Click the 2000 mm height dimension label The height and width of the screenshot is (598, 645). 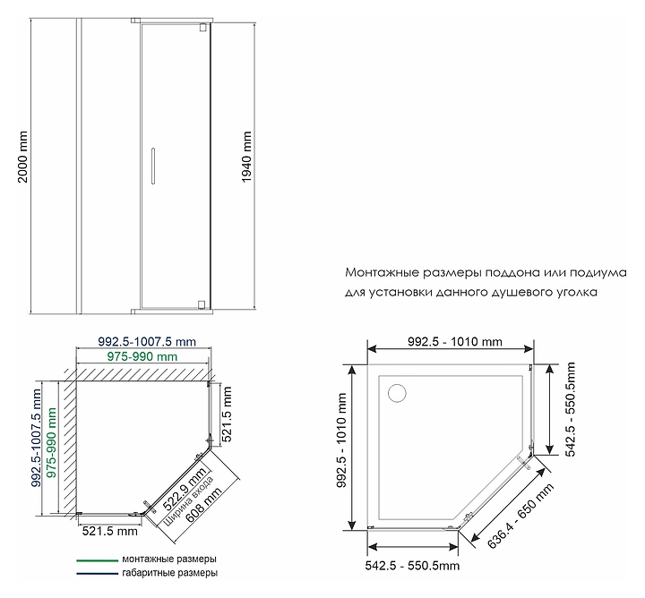pos(22,157)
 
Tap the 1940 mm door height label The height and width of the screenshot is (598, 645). pos(246,157)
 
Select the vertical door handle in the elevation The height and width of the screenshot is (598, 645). pos(153,166)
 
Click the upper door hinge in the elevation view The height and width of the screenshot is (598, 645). pos(202,28)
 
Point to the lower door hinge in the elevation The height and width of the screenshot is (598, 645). pos(202,304)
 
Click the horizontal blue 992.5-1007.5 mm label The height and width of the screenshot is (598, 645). pos(147,342)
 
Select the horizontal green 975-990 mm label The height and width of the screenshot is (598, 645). pos(142,357)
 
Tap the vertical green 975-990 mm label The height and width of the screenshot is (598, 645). pos(51,442)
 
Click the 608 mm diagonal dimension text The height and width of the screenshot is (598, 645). pos(203,504)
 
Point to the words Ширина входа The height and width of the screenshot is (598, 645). pos(189,500)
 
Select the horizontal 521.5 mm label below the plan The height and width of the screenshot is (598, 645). pos(110,531)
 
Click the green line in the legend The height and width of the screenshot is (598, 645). pos(97,560)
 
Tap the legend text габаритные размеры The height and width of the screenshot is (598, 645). pos(170,573)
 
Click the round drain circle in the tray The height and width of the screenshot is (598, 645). pos(397,393)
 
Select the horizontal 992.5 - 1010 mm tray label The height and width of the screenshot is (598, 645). pos(455,342)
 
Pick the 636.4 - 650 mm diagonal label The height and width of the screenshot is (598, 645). pos(520,517)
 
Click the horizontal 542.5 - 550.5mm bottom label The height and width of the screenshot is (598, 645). pos(412,566)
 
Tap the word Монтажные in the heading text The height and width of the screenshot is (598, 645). pos(383,272)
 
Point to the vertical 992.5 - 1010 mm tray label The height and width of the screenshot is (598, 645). pos(342,440)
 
